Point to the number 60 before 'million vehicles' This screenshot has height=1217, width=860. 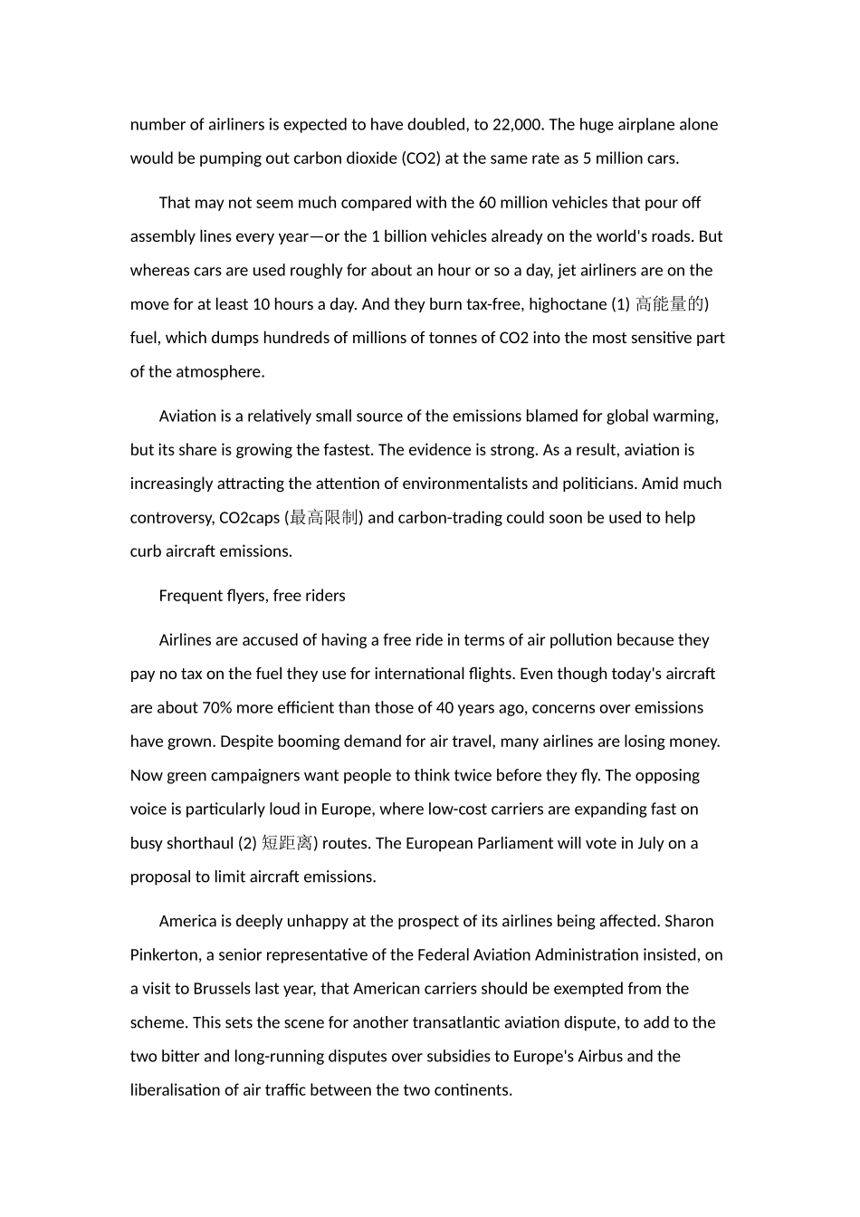point(488,203)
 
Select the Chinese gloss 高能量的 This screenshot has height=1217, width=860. point(670,304)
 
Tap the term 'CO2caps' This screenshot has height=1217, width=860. point(250,518)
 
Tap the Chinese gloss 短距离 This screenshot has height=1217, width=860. point(287,843)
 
